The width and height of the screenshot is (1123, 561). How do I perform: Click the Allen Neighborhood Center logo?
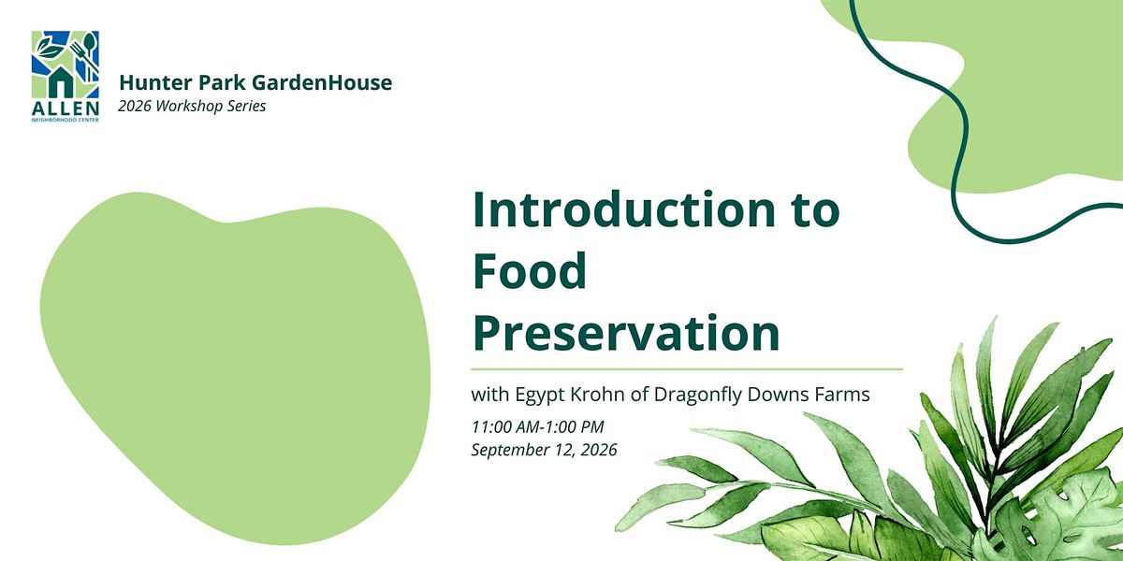click(66, 76)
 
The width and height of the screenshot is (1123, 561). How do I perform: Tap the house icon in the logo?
click(61, 81)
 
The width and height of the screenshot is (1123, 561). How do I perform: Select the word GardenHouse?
click(322, 82)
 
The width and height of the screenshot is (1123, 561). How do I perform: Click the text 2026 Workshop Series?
click(192, 107)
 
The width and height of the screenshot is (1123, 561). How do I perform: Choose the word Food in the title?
click(530, 271)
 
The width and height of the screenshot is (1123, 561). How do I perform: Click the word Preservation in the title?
click(626, 333)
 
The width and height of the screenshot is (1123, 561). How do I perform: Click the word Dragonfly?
click(698, 396)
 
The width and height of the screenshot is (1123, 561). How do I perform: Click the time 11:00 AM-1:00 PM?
click(537, 427)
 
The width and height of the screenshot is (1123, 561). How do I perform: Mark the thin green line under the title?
click(687, 369)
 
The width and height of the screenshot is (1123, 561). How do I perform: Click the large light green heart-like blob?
click(235, 368)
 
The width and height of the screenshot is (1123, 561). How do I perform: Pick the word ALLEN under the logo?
click(66, 108)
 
